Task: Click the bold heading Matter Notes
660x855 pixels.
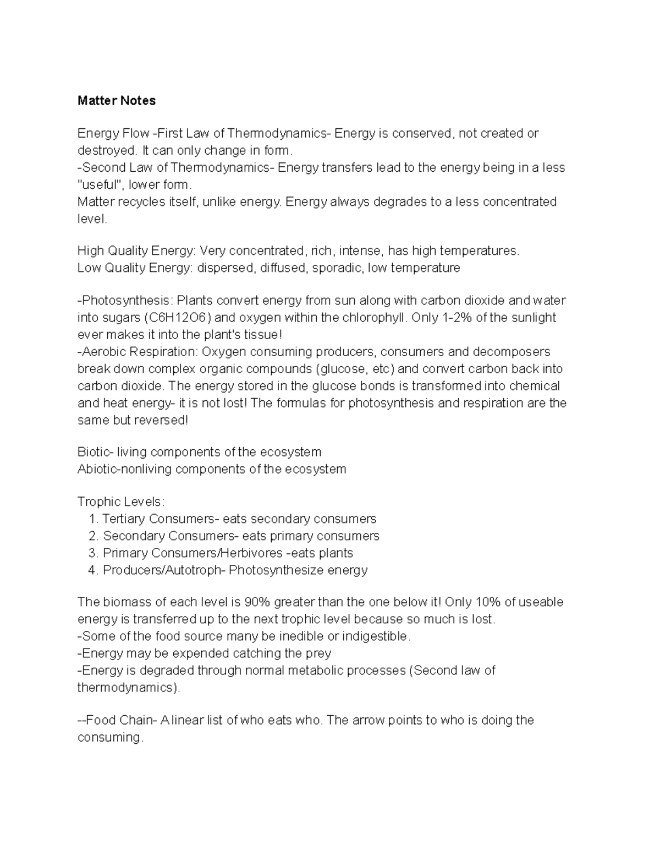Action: tap(116, 101)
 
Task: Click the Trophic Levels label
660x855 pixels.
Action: tap(120, 502)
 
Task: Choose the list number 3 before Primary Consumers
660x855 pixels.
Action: tap(92, 553)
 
